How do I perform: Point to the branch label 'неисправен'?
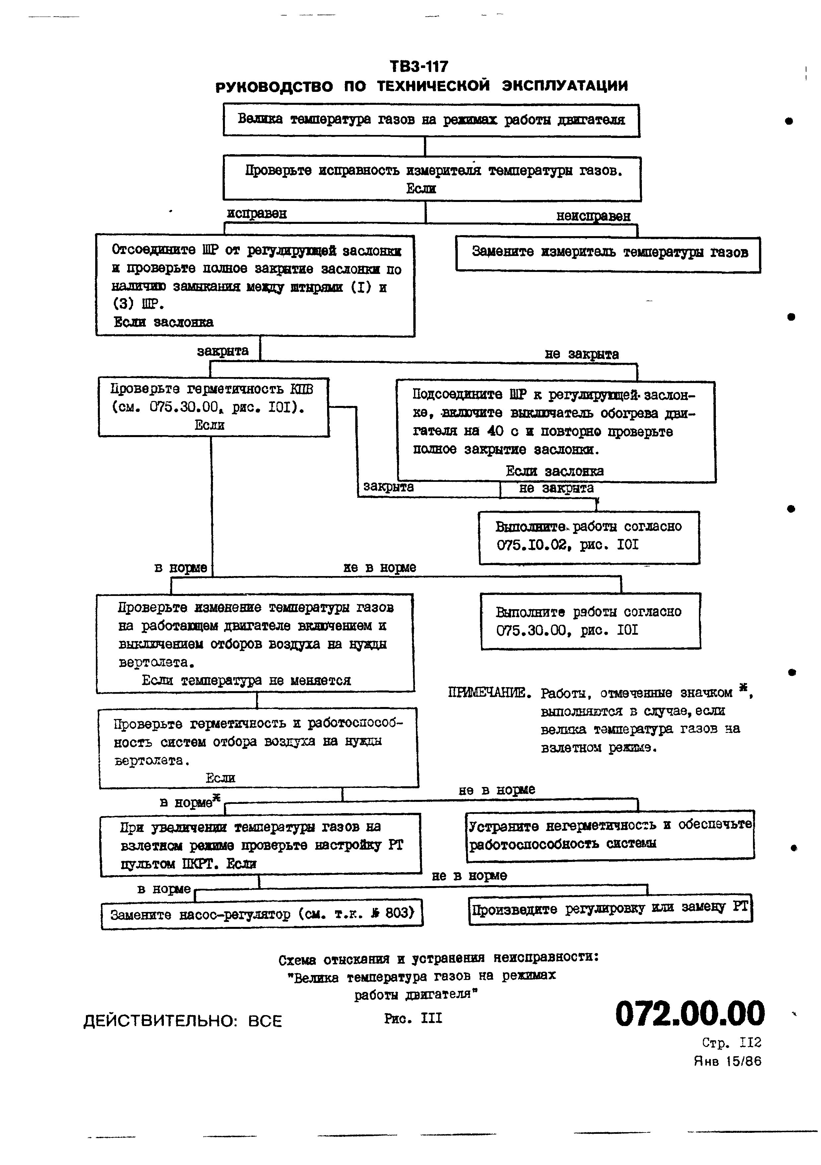[x=593, y=216]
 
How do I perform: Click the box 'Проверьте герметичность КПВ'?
[x=213, y=407]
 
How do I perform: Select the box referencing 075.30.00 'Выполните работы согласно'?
[x=590, y=620]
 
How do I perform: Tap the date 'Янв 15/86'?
[x=727, y=1061]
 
